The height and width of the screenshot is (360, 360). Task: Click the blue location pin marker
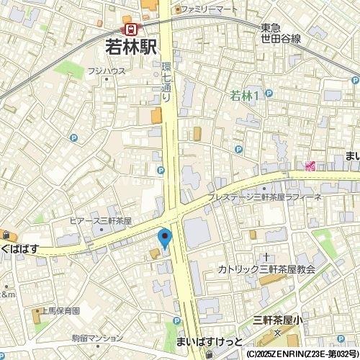164,238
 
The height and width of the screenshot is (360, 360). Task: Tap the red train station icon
132,30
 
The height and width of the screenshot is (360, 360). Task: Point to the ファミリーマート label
209,9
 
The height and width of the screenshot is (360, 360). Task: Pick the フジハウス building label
107,71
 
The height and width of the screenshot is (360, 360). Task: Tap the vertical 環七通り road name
165,81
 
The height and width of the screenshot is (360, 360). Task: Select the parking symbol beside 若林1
269,94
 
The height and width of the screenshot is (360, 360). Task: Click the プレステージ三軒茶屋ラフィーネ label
264,197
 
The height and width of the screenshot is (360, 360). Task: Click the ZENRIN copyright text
302,354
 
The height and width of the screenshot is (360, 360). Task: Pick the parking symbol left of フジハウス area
73,138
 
